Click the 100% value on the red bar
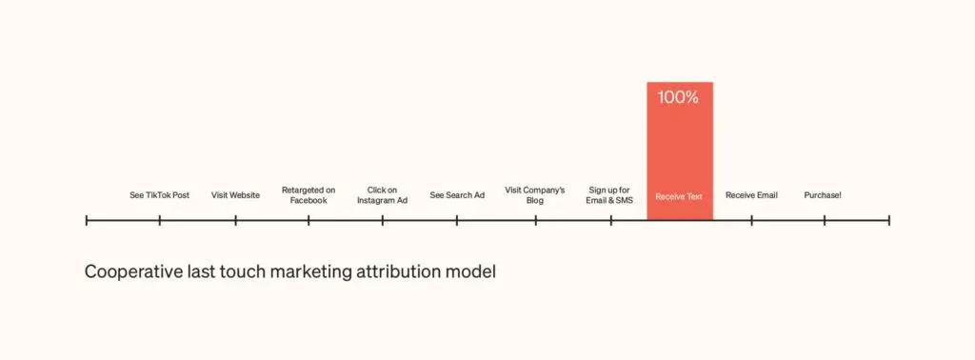coord(679,97)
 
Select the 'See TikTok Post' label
coord(159,195)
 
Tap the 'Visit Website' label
coord(235,195)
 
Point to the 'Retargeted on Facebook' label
coord(308,195)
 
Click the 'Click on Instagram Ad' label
coord(382,195)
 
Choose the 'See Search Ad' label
coord(457,195)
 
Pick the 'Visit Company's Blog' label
coord(535,195)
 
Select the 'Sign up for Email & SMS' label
coord(610,195)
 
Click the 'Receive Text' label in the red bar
coord(679,196)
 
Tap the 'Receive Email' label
coord(751,195)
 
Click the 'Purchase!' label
coord(823,195)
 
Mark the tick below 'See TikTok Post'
coord(160,220)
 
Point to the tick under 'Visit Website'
coord(235,220)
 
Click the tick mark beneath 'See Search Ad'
coord(457,220)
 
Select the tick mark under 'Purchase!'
coord(825,220)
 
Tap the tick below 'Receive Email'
coord(751,220)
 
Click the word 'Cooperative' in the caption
coord(130,272)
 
